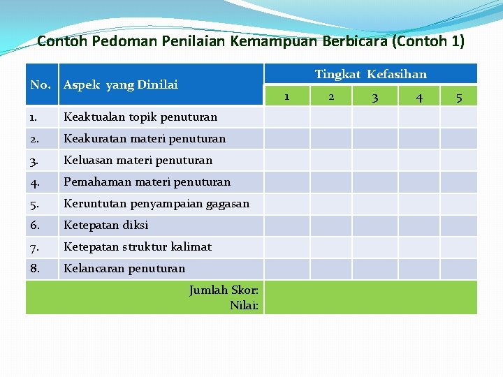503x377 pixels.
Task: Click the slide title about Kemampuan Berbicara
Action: (251, 40)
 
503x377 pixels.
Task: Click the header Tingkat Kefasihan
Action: (370, 74)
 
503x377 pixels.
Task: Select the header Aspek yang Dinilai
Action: (120, 84)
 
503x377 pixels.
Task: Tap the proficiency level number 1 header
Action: (286, 96)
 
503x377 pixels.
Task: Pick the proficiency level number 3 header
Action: (374, 97)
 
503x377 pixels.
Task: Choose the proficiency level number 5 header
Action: (458, 97)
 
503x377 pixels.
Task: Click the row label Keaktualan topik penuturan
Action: (140, 117)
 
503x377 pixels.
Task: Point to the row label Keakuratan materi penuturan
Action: (145, 138)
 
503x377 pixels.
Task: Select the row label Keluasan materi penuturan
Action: (138, 160)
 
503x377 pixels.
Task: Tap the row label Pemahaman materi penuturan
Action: (147, 182)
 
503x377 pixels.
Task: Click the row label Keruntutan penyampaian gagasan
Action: (156, 203)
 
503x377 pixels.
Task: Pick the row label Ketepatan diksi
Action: (106, 225)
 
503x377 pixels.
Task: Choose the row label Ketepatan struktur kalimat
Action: (138, 246)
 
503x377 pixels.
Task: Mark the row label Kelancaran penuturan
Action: (124, 268)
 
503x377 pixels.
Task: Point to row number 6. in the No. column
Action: (36, 225)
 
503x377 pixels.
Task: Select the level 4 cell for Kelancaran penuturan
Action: (418, 268)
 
